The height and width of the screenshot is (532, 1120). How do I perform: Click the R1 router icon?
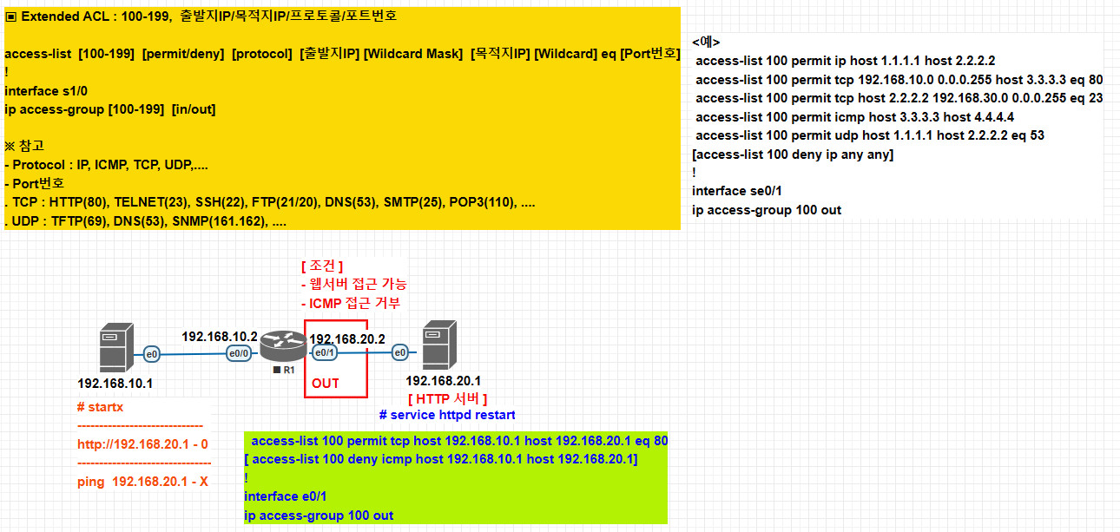point(284,345)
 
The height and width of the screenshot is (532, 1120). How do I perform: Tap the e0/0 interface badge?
point(239,353)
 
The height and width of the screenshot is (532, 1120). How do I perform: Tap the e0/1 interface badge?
point(324,353)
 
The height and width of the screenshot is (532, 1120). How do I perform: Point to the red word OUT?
point(326,383)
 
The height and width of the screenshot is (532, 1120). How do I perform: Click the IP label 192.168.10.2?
point(220,336)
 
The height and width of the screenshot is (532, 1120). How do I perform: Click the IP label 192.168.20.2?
point(346,338)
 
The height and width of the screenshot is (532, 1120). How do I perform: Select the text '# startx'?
point(101,407)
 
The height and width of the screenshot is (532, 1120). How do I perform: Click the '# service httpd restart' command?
point(447,415)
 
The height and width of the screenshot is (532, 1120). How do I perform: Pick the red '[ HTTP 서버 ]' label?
point(447,398)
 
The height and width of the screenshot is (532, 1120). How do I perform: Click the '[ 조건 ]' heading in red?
point(322,266)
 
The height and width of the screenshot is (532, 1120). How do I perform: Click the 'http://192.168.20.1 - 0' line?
point(142,443)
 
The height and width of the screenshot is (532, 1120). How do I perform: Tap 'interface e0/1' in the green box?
point(287,496)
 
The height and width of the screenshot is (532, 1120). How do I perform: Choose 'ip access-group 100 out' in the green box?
point(319,516)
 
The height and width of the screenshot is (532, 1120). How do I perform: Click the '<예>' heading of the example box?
point(706,42)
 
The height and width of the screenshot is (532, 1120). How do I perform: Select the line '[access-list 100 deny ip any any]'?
point(792,154)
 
